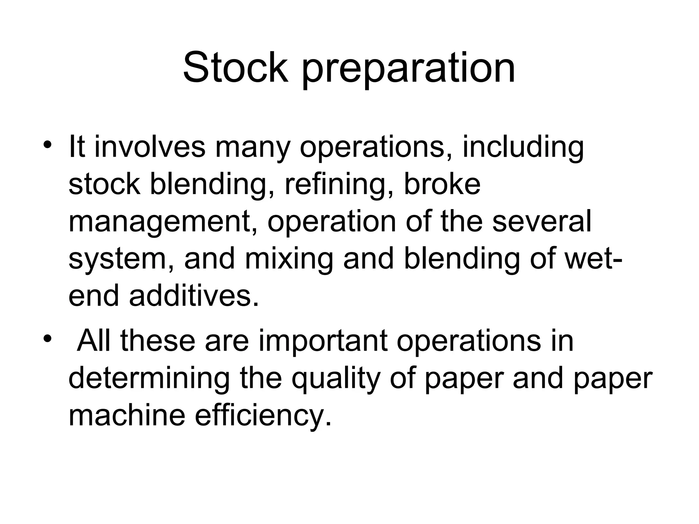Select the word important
click(x=323, y=342)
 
